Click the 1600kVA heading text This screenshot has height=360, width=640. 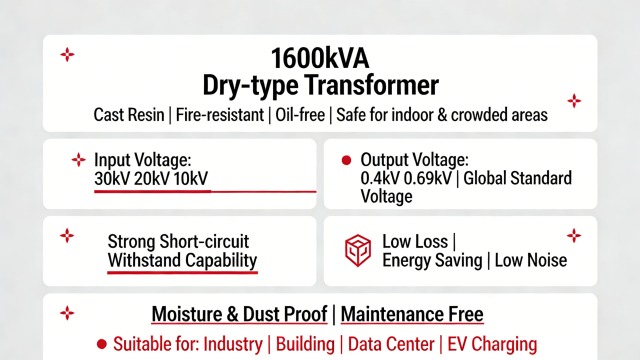(320, 56)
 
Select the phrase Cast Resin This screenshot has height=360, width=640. (129, 115)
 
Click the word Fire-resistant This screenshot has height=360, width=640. (219, 115)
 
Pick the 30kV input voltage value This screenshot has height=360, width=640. (113, 178)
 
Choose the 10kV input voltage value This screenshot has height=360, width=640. (191, 178)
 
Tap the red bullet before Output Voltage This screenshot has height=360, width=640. (347, 160)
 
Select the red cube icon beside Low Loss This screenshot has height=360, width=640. (358, 251)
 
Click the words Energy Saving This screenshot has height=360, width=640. (431, 260)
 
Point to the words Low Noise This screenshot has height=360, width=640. (528, 260)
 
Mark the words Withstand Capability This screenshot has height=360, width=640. (182, 260)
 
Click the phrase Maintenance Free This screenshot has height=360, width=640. (412, 314)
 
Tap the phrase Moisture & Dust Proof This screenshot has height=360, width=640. (241, 314)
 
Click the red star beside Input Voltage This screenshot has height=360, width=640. (78, 160)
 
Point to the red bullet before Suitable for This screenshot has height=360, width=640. (100, 344)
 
